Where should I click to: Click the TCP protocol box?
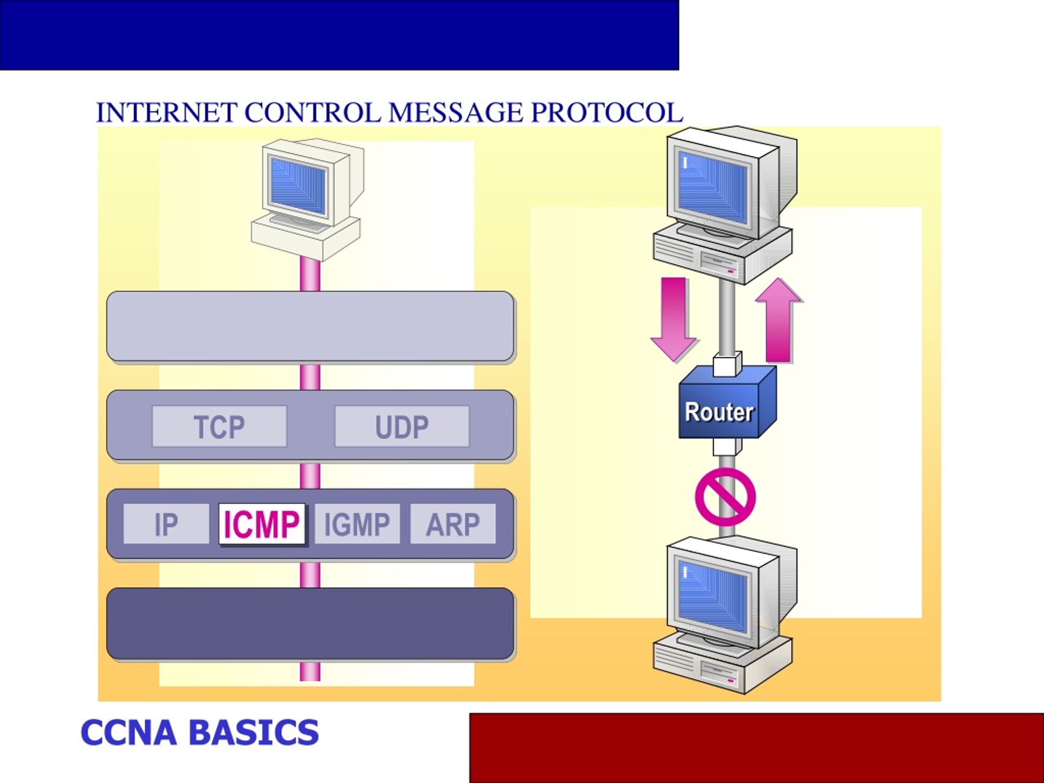[219, 426]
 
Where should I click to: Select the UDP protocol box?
[402, 426]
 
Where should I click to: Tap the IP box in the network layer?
[166, 524]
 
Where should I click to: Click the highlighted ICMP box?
[262, 524]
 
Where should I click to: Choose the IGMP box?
[357, 524]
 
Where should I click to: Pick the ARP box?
[453, 524]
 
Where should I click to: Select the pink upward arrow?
[779, 321]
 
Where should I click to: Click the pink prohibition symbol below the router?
[725, 497]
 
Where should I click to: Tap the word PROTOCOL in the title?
[607, 113]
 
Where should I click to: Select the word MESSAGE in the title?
[456, 113]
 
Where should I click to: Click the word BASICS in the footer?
[254, 732]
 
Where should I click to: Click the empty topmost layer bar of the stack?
[311, 327]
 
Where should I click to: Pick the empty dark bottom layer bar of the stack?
[311, 623]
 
